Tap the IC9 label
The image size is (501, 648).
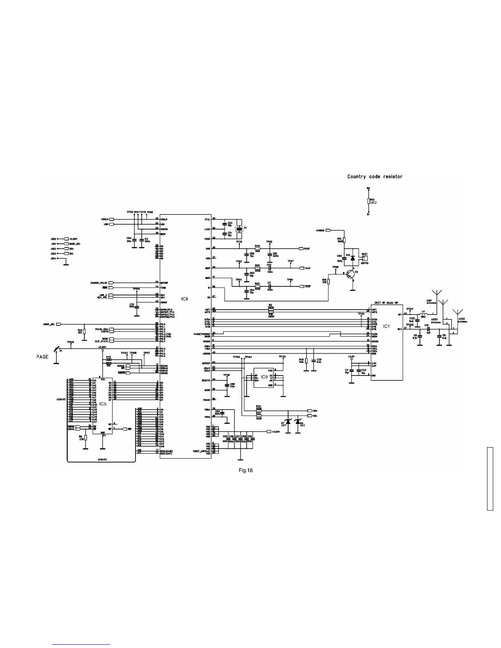[264, 376]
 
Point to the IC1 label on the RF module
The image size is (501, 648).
[386, 326]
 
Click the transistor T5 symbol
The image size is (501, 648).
[351, 274]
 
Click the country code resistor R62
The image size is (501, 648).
[368, 201]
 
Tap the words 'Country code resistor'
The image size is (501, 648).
[375, 177]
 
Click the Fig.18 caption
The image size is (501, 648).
[246, 470]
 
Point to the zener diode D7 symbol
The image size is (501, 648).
[288, 421]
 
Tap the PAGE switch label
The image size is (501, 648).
[42, 357]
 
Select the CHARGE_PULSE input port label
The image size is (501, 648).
[99, 283]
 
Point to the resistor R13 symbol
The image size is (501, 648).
[344, 241]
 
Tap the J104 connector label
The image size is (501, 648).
[53, 259]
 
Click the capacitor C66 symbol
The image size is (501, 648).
[227, 385]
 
